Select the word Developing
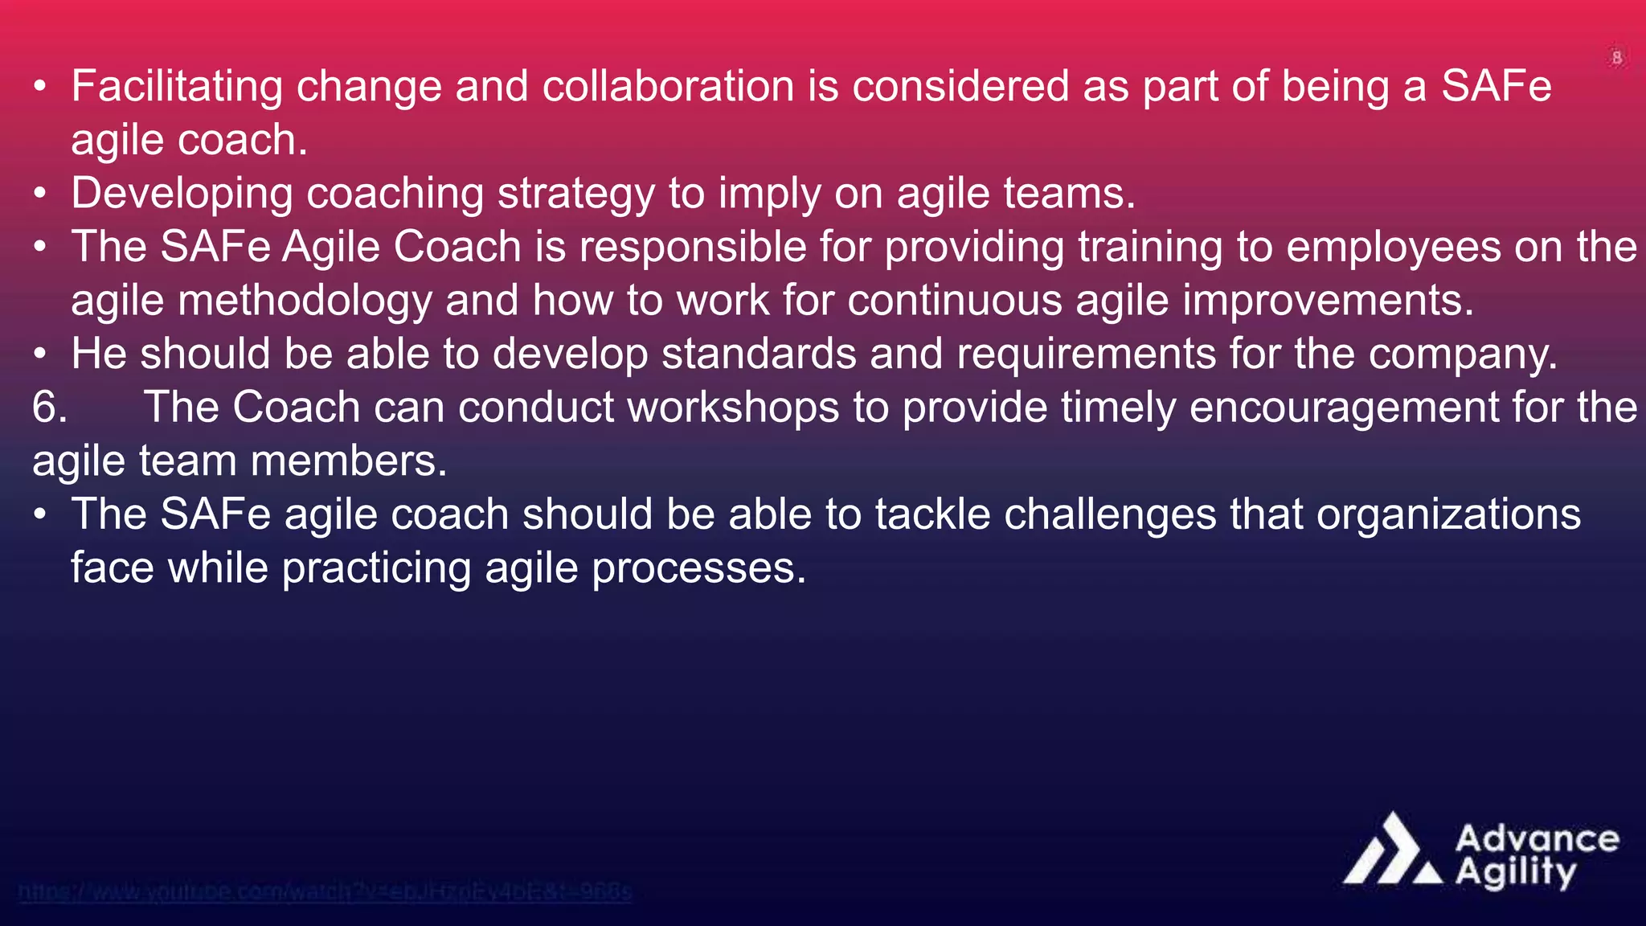click(182, 194)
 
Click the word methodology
click(305, 301)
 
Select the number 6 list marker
click(49, 408)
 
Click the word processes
click(698, 568)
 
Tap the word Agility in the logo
click(1516, 872)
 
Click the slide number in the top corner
click(1617, 58)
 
